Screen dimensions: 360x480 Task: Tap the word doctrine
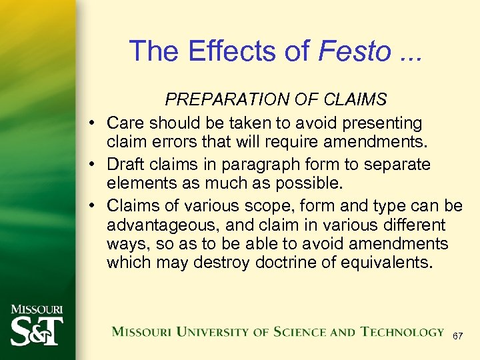286,262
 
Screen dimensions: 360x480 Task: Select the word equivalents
382,262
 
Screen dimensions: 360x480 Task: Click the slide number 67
457,337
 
